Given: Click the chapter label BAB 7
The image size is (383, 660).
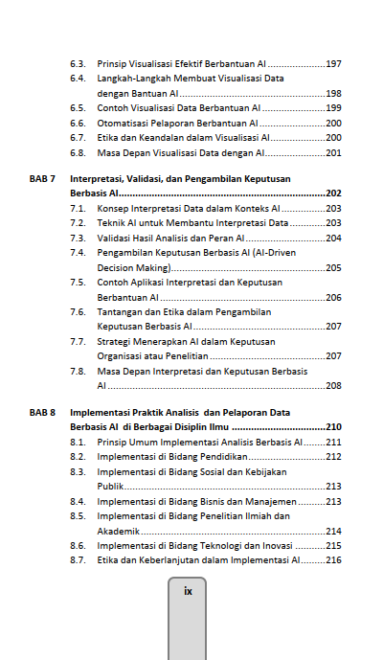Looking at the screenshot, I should (42, 178).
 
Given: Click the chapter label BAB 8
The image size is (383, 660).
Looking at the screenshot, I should (42, 412).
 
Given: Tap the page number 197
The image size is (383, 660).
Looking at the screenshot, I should (334, 63).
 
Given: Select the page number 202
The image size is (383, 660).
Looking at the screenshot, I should (334, 193).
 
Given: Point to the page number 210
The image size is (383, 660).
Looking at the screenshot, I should (334, 426).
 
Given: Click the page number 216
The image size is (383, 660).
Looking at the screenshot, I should (334, 559).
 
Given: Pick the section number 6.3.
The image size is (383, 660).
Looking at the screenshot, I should (79, 63).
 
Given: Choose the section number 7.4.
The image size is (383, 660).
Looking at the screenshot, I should (79, 253).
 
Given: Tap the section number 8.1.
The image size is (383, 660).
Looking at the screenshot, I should (79, 442).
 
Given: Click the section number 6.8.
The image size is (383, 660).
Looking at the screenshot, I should (79, 152).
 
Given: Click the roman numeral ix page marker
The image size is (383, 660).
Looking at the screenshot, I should (188, 591).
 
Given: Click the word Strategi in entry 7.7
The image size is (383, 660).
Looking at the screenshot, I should (115, 341).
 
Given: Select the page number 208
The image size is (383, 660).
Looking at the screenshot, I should (334, 386).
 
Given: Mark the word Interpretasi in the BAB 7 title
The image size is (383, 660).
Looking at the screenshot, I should (98, 178).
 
